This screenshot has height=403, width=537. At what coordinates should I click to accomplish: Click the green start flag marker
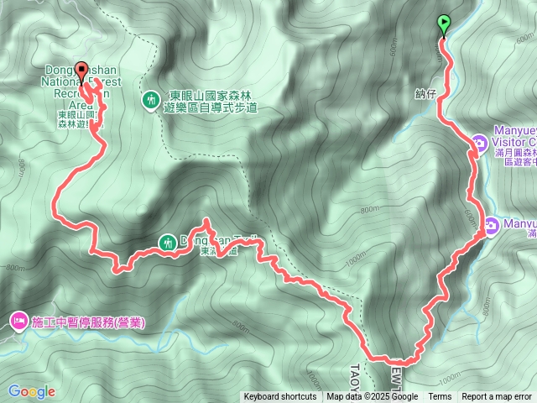click(x=444, y=24)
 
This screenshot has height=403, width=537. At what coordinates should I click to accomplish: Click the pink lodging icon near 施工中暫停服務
click(x=18, y=321)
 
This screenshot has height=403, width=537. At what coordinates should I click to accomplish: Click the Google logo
click(x=31, y=391)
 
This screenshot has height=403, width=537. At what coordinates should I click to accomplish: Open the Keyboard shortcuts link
click(x=280, y=397)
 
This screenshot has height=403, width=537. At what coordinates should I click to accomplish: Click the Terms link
click(x=440, y=397)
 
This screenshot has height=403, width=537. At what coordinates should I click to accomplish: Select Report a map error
click(x=497, y=397)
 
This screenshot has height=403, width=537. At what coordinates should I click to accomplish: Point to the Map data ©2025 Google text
click(x=373, y=397)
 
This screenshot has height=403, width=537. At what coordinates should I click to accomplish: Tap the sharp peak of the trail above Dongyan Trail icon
click(x=206, y=222)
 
